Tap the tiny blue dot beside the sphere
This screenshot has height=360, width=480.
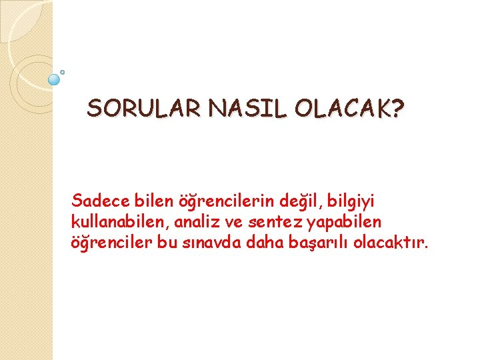[x=63, y=71]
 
